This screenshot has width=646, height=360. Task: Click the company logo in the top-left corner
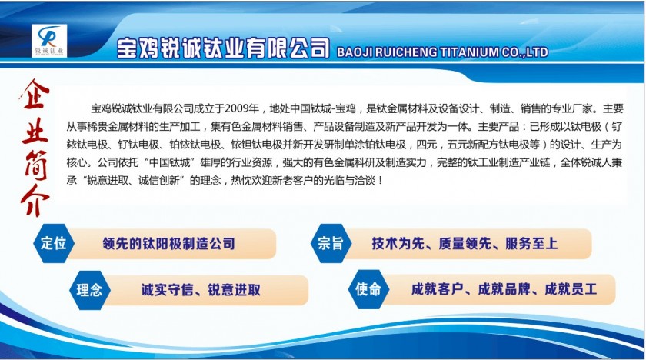click(x=49, y=41)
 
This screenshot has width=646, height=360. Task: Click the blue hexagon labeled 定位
click(x=54, y=243)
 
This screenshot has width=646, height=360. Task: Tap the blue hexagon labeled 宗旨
click(x=331, y=243)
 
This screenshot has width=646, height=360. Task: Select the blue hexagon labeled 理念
click(x=89, y=289)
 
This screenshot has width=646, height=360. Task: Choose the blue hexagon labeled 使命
click(x=368, y=289)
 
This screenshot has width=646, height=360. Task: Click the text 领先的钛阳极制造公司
click(x=169, y=243)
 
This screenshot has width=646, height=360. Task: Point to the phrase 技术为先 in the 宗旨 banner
click(x=398, y=243)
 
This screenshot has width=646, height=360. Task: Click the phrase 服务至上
click(x=531, y=243)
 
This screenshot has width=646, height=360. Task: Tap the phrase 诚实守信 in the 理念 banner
click(x=168, y=290)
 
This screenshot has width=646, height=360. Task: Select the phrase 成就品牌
click(x=504, y=289)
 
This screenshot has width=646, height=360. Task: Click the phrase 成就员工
click(x=571, y=289)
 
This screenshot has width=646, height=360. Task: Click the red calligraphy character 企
click(x=35, y=95)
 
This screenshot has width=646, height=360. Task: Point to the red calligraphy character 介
click(x=35, y=201)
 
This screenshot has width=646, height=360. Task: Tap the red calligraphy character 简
click(x=36, y=165)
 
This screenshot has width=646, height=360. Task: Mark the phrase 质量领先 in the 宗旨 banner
click(x=465, y=243)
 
